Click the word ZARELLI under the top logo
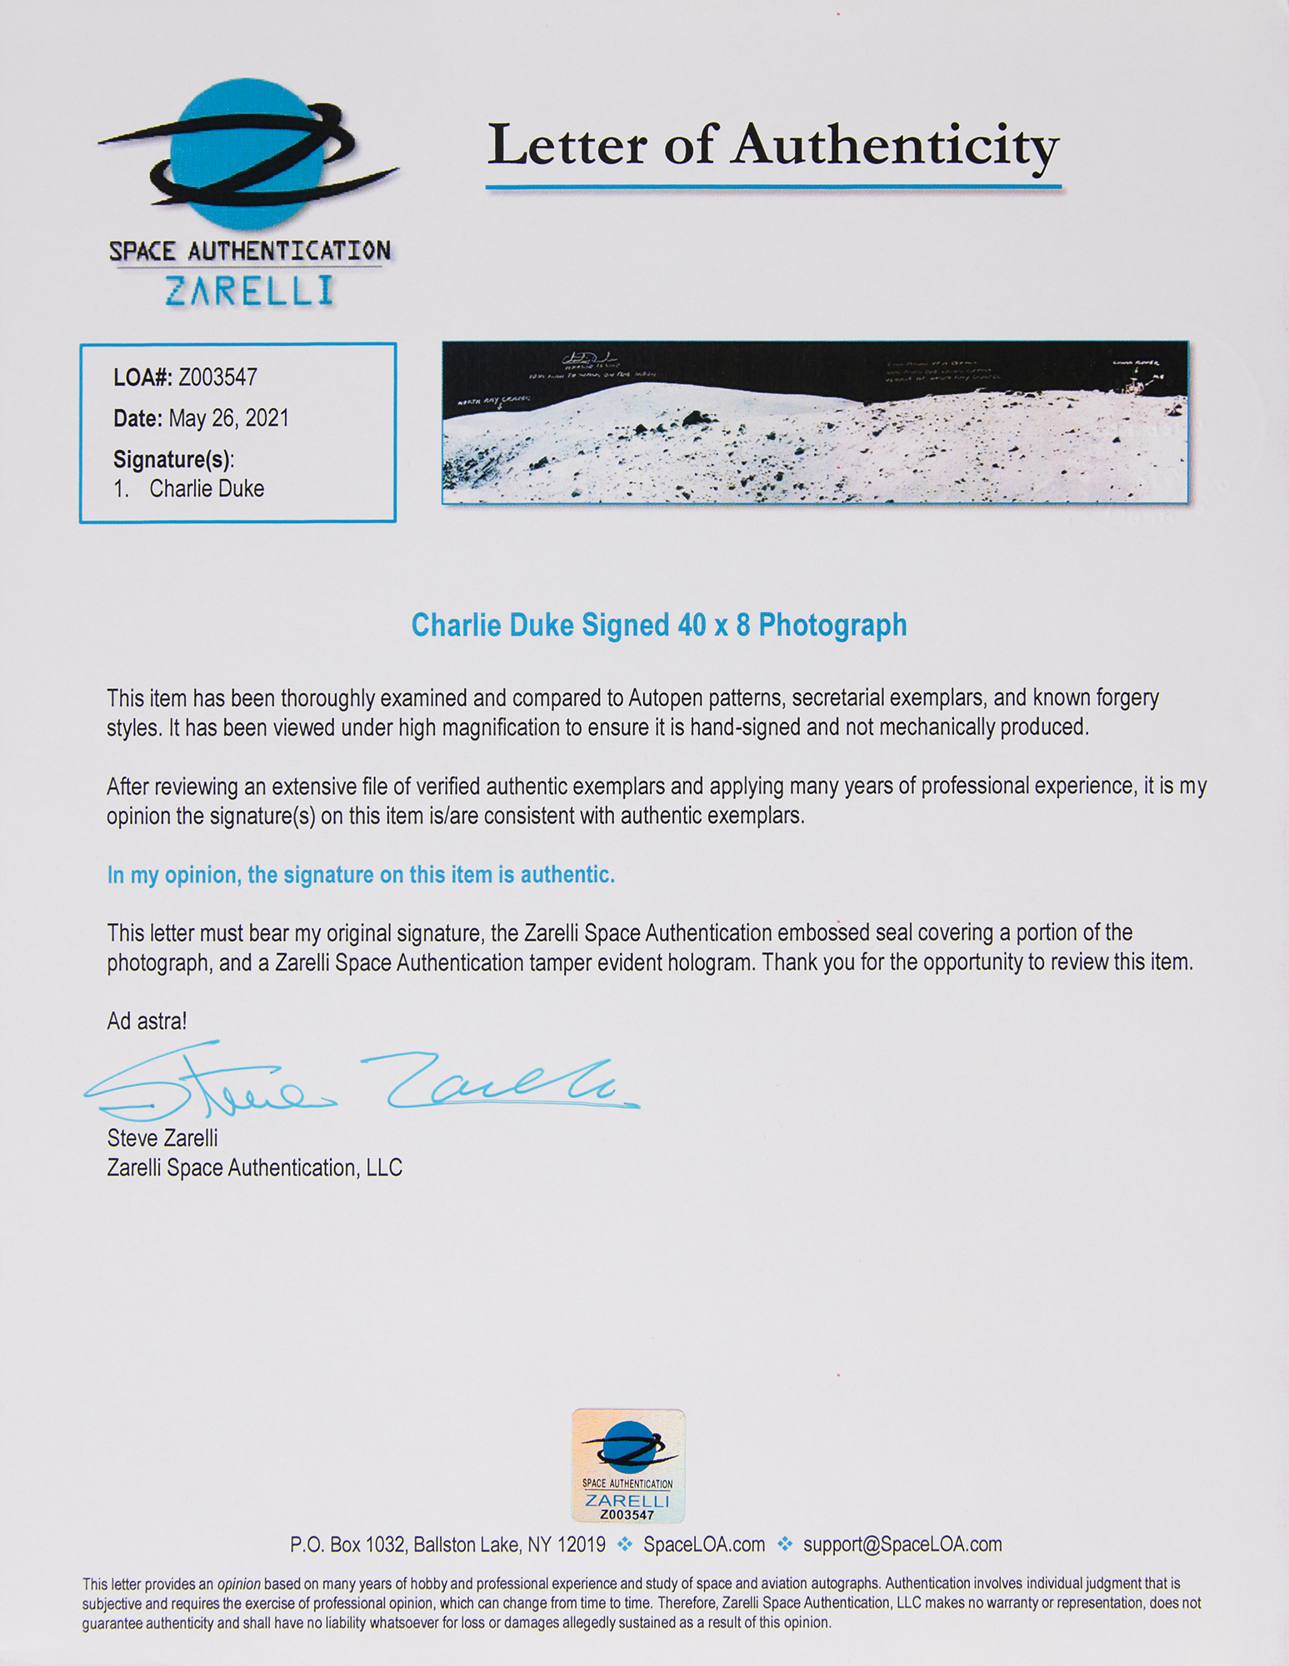pos(249,291)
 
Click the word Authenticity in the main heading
pos(895,147)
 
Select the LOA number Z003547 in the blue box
pos(217,377)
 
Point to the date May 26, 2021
pos(228,418)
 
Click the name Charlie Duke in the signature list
pos(207,489)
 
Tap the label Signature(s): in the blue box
pos(173,459)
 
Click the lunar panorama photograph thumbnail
pos(814,422)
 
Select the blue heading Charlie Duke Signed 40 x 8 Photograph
pos(658,625)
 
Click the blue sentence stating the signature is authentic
pos(360,875)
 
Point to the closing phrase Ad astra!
pos(147,1020)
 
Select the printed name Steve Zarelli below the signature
pos(162,1138)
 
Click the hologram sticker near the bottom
pos(627,1465)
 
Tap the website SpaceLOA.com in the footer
pos(704,1544)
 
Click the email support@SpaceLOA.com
pos(902,1544)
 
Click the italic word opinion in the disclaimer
pos(238,1584)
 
